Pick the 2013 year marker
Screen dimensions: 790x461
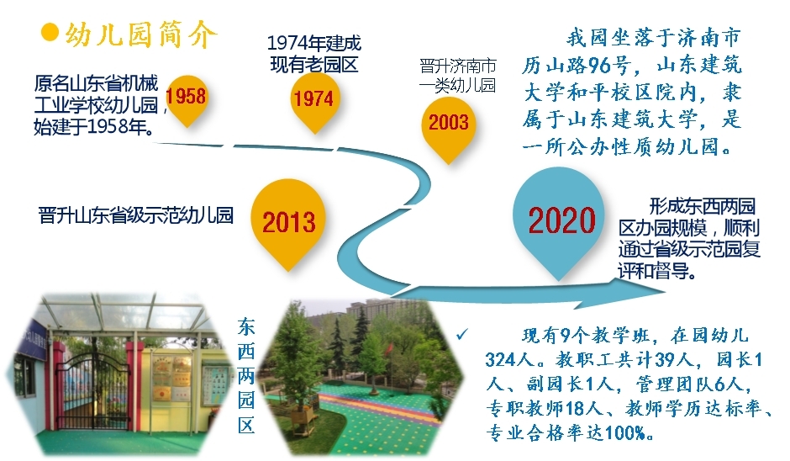(289, 222)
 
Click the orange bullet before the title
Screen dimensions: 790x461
(50, 32)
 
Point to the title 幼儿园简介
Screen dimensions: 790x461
(140, 34)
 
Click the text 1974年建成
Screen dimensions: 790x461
(313, 44)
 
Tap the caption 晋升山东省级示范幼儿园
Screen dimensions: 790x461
(136, 215)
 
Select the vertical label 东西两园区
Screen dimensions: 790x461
(246, 376)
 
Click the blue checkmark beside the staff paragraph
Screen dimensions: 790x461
(462, 334)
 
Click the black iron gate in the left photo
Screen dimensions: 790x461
(92, 391)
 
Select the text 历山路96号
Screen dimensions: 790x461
(576, 65)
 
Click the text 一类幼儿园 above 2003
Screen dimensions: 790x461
(457, 86)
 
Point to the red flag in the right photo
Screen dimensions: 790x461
(389, 348)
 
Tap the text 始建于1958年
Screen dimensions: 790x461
(94, 127)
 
